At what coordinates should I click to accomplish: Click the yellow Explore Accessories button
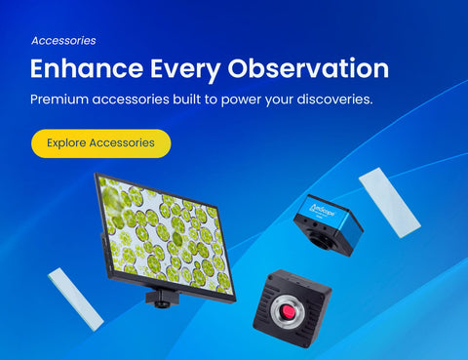point(100,143)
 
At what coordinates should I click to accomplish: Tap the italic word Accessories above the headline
point(63,41)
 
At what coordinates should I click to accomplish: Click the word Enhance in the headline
point(87,68)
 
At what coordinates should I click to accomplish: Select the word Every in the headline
point(185,70)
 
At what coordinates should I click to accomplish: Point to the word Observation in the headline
point(308,68)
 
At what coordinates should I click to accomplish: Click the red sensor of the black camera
point(288,312)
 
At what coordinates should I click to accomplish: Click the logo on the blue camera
point(322,210)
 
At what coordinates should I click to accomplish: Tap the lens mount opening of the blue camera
point(321,240)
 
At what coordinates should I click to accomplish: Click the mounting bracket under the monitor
point(162,299)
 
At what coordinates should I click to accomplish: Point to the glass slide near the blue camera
point(390,203)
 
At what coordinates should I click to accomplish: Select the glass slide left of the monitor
point(76,300)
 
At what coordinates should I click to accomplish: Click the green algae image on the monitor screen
point(167,235)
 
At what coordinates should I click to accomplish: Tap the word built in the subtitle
point(186,99)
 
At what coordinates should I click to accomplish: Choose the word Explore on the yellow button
point(66,143)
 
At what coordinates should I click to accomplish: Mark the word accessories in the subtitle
point(131,100)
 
